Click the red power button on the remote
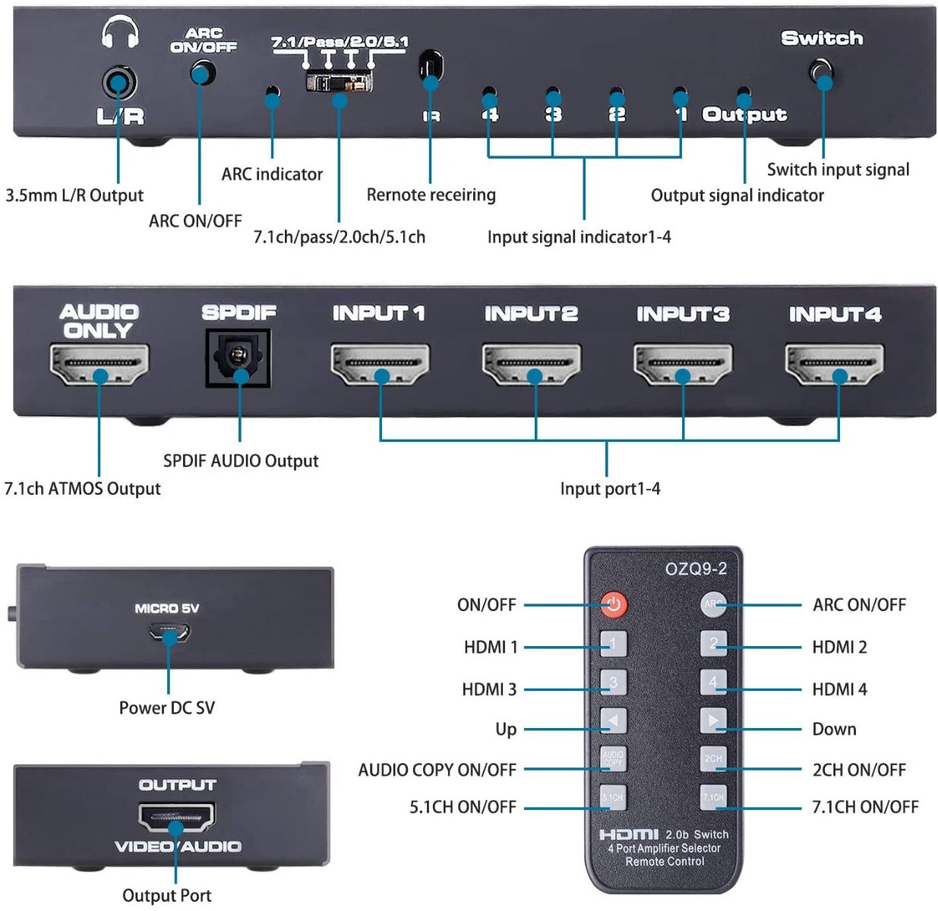tap(614, 604)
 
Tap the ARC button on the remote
tap(712, 604)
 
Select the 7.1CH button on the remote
tap(713, 797)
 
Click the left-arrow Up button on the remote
tap(613, 720)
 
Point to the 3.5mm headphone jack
tap(118, 82)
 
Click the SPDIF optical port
tap(238, 358)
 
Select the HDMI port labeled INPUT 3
tap(683, 364)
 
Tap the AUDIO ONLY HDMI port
tap(99, 364)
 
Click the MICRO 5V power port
tap(169, 632)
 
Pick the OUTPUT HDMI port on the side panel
tap(176, 817)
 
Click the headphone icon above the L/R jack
tap(120, 33)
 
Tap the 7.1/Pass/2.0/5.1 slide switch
tap(340, 82)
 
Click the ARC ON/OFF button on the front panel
tap(202, 74)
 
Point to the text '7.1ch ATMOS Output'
tap(83, 488)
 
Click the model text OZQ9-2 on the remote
tap(696, 569)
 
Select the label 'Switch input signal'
tap(838, 169)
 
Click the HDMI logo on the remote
tap(628, 834)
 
